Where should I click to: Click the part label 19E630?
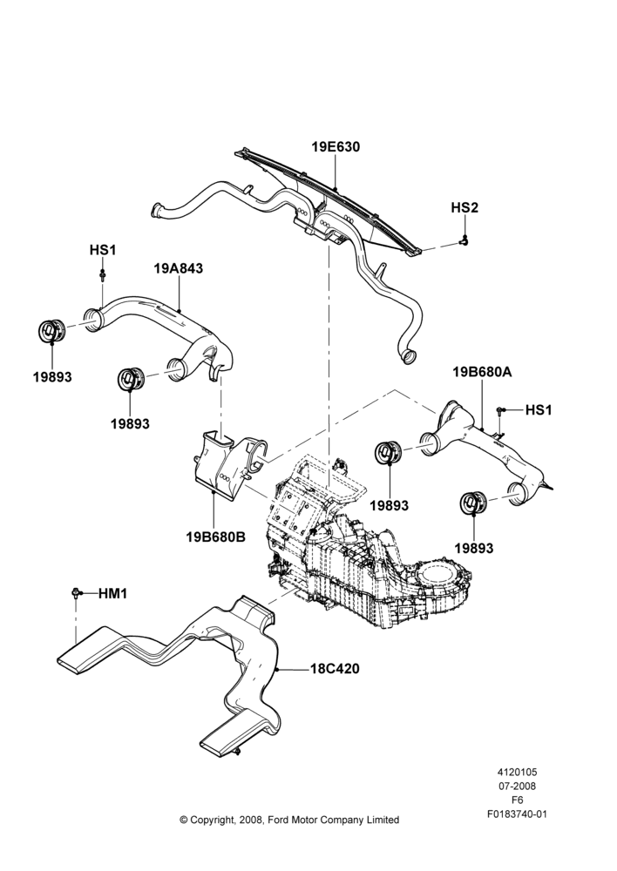(x=336, y=146)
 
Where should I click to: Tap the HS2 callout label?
(x=464, y=208)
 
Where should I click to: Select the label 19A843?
(x=179, y=268)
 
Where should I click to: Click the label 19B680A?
(x=482, y=372)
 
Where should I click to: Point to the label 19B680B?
(x=215, y=537)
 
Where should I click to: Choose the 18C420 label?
(x=335, y=669)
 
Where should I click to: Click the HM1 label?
(x=112, y=594)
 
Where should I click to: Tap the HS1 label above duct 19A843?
(x=103, y=250)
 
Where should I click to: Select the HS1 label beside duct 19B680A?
(x=539, y=410)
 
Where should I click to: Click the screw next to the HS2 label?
(x=464, y=240)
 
